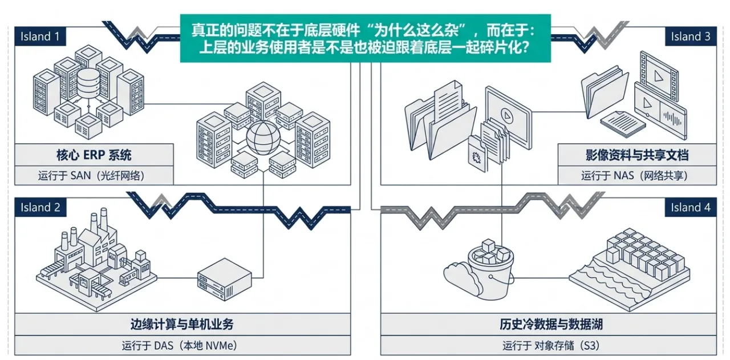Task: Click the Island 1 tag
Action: (x=40, y=36)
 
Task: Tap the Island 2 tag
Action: (x=40, y=208)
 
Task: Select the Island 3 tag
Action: (x=691, y=36)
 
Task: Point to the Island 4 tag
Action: (x=691, y=208)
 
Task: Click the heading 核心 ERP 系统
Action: (x=94, y=155)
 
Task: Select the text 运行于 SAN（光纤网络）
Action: (x=91, y=176)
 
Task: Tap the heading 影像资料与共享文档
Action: (x=637, y=155)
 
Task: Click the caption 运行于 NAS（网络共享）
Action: (x=634, y=176)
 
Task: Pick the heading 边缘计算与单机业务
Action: (x=182, y=324)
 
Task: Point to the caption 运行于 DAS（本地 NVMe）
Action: (x=180, y=345)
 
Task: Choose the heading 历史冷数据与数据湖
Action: (x=551, y=324)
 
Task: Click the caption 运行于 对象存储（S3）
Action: (x=551, y=345)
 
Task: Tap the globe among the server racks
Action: (x=263, y=138)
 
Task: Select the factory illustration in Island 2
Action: (x=96, y=259)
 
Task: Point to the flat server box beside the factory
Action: (x=225, y=279)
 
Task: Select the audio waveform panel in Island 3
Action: (x=672, y=119)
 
